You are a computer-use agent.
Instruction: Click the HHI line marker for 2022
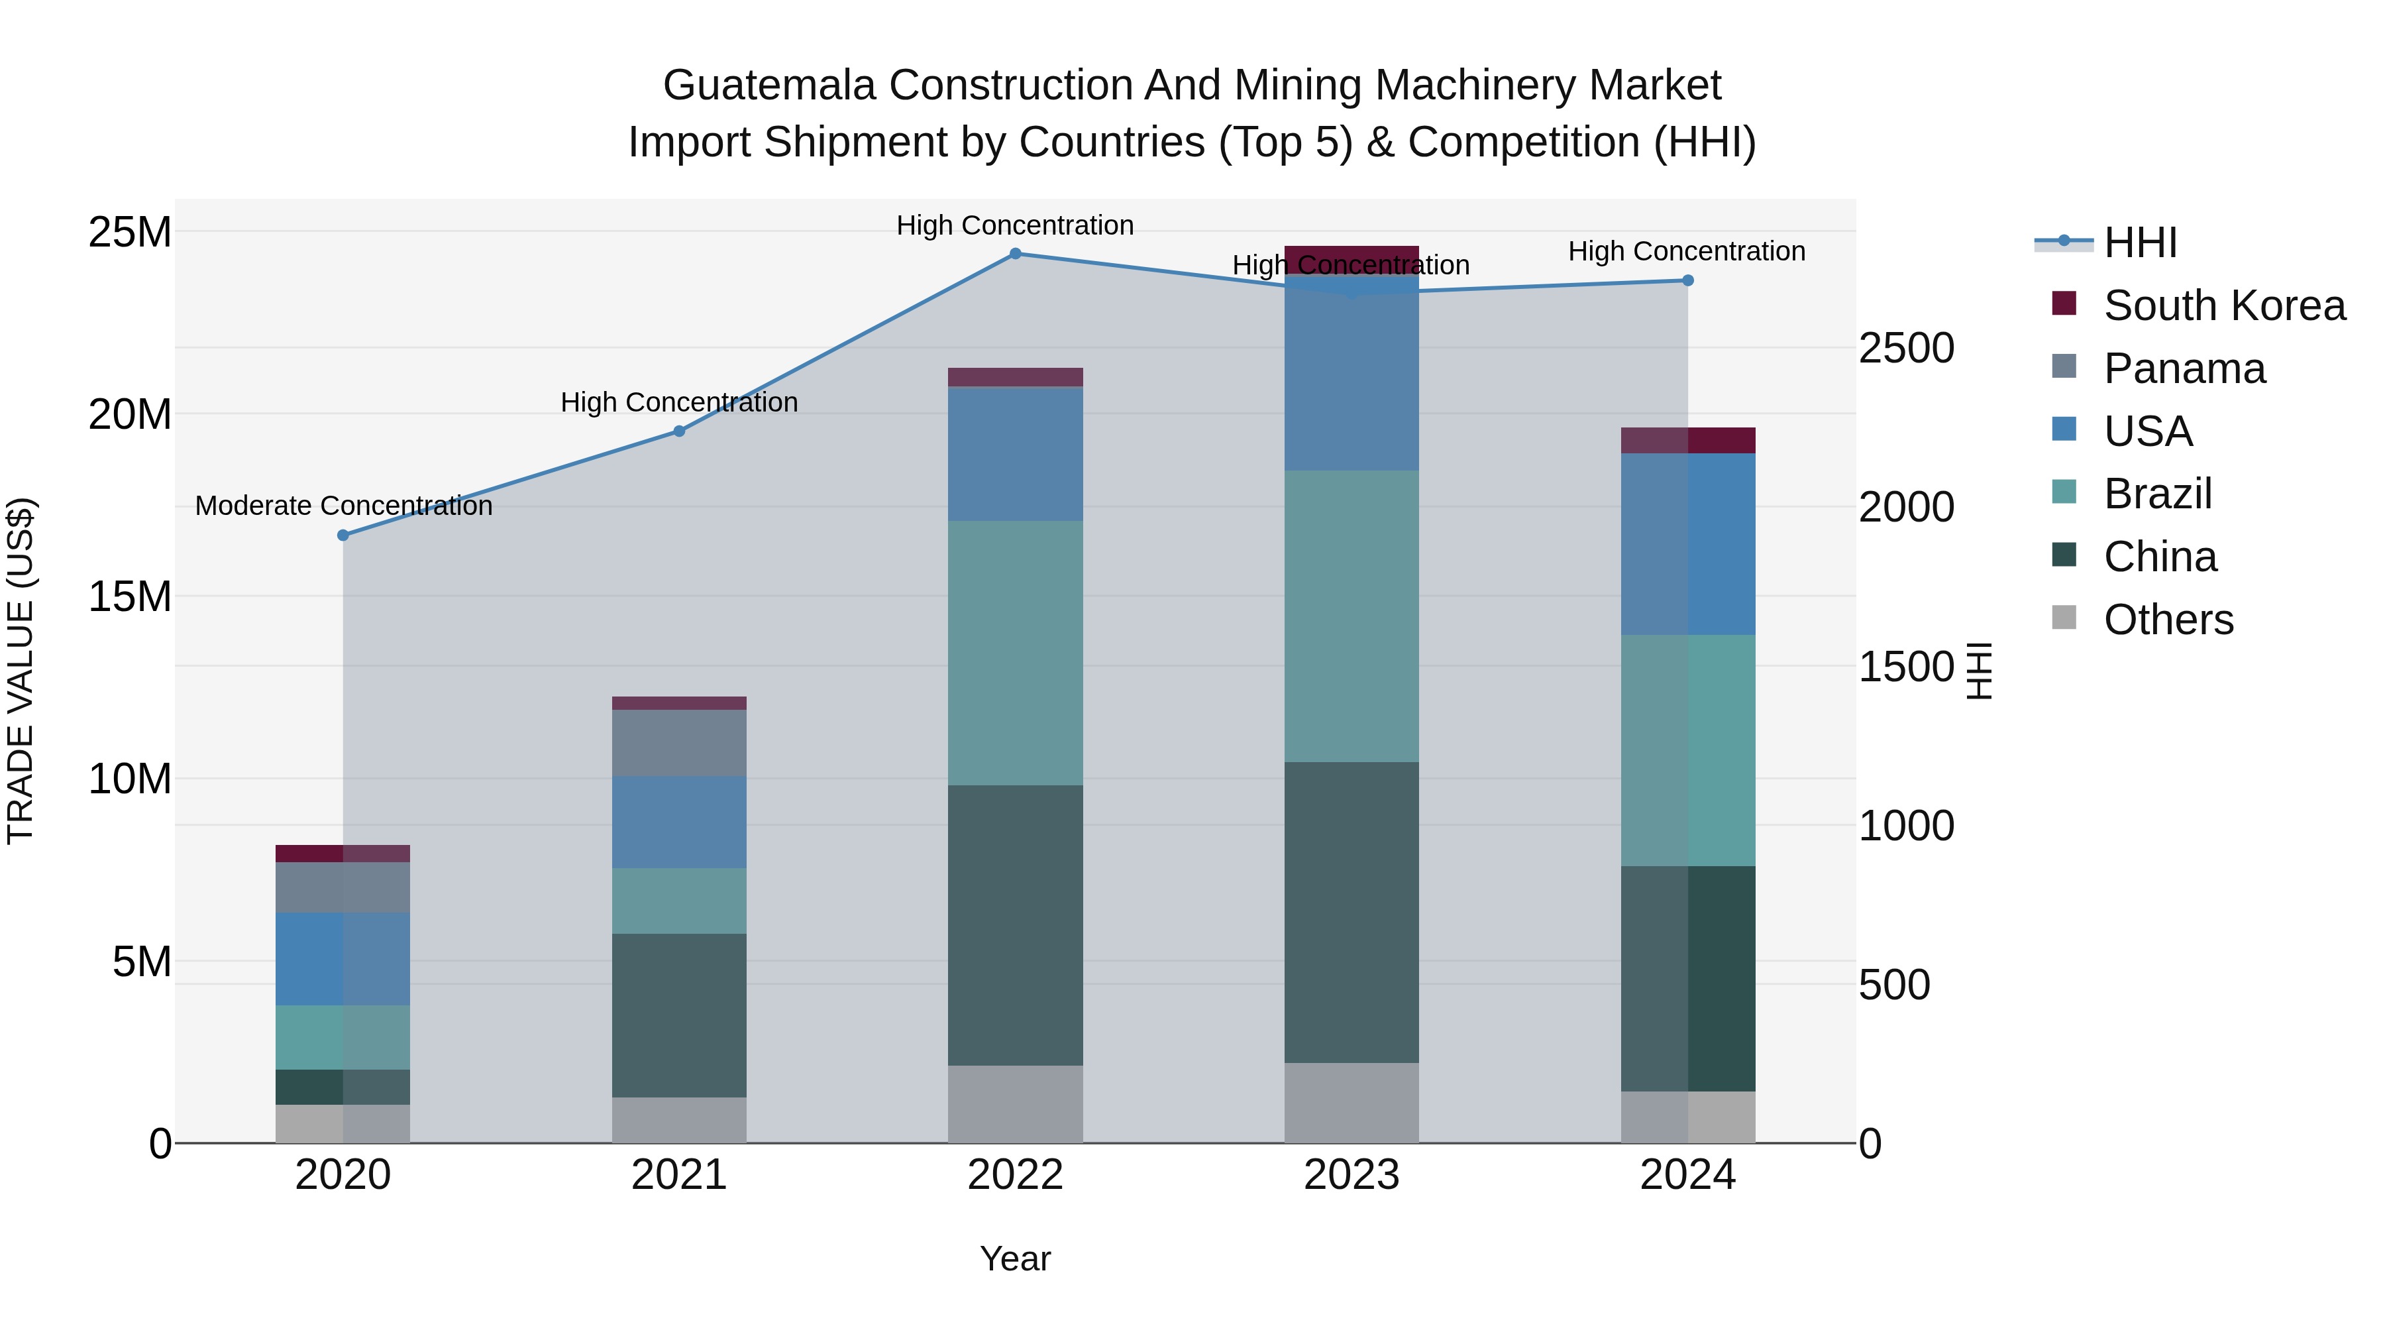[x=1015, y=254]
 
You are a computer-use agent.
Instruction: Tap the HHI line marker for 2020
[x=343, y=535]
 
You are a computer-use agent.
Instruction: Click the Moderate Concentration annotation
[x=343, y=506]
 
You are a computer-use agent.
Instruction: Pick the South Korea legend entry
[x=2224, y=306]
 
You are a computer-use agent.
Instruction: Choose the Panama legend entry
[x=2184, y=368]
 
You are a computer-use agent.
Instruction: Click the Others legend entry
[x=2168, y=620]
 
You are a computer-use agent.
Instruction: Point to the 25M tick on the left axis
[x=130, y=231]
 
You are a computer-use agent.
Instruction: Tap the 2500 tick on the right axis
[x=1906, y=348]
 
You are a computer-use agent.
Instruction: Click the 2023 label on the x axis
[x=1351, y=1175]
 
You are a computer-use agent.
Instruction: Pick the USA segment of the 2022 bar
[x=1015, y=454]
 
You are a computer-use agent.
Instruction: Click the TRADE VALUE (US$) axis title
[x=21, y=671]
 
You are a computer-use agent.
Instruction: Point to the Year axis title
[x=1015, y=1258]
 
